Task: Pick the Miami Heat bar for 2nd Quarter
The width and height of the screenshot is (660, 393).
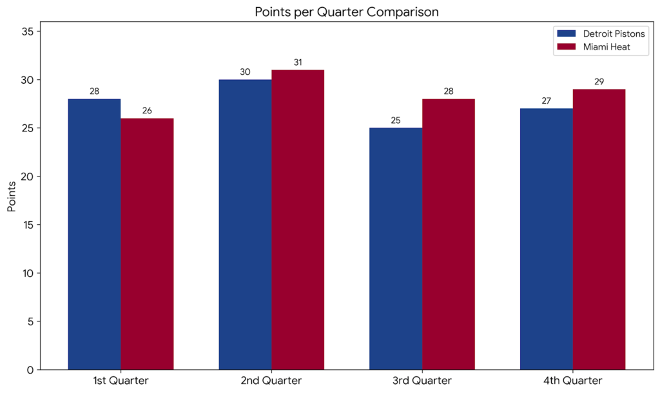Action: pos(298,220)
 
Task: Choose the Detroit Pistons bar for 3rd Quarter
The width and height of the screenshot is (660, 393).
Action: pos(396,249)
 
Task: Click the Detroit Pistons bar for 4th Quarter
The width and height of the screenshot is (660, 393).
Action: pos(547,239)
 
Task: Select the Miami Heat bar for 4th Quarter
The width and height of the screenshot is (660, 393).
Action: pos(599,229)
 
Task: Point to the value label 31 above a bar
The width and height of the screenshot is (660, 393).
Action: pos(298,62)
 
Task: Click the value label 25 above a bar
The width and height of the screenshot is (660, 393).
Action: pos(396,120)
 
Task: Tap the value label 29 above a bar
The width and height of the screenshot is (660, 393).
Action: pos(599,82)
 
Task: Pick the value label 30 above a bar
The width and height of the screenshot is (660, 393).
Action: pos(245,72)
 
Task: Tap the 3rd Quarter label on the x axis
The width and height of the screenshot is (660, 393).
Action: pos(422,381)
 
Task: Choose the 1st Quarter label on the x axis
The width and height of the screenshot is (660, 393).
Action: pos(121,381)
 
